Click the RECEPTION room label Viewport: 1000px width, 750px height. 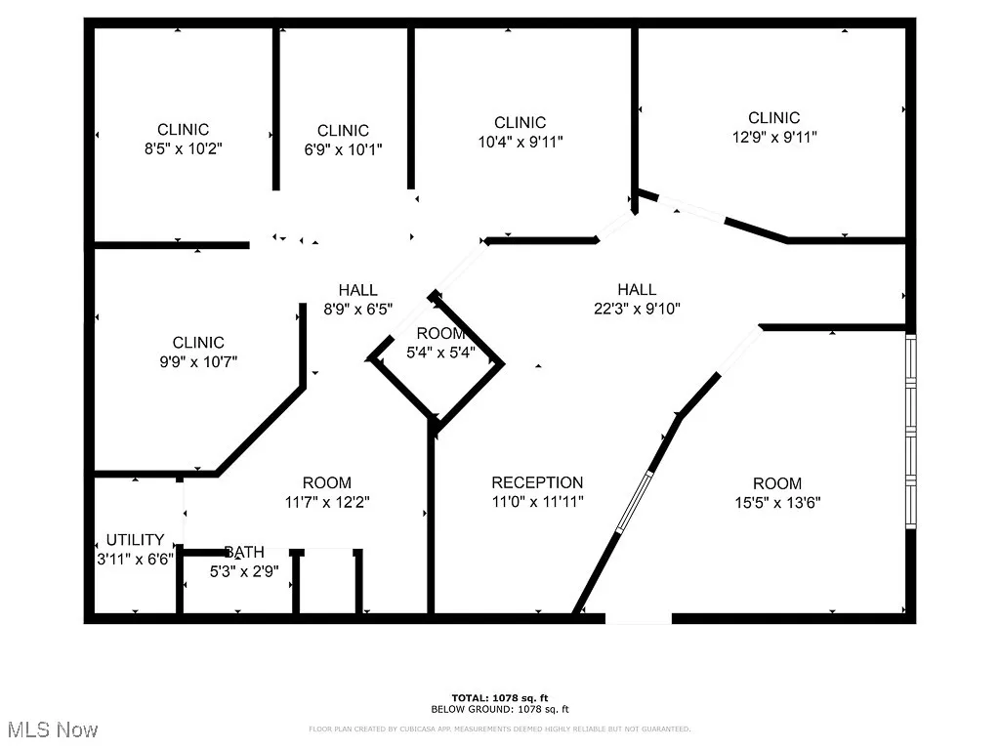tap(537, 482)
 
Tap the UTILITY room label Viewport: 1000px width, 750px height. tap(135, 540)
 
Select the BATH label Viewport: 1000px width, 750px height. tap(243, 552)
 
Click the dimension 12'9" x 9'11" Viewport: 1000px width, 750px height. tap(774, 138)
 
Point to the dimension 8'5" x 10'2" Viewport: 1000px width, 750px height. tap(184, 149)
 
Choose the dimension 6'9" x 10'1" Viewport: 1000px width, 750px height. tap(343, 149)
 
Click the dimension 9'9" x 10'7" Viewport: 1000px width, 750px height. tap(198, 361)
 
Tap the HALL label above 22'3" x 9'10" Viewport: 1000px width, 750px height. tap(637, 289)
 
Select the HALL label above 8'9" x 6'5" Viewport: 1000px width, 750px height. tap(357, 289)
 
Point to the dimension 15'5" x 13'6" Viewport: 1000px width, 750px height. tap(776, 503)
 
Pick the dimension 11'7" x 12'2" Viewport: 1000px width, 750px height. tap(326, 502)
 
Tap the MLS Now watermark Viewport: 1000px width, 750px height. tap(51, 729)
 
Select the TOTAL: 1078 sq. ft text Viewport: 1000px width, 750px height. tap(500, 697)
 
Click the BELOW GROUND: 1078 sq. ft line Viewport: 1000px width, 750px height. tap(500, 709)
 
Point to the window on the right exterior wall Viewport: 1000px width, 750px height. tap(911, 430)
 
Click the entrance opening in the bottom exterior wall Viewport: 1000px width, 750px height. tap(639, 617)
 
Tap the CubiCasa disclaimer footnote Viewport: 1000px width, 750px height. tap(500, 729)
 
